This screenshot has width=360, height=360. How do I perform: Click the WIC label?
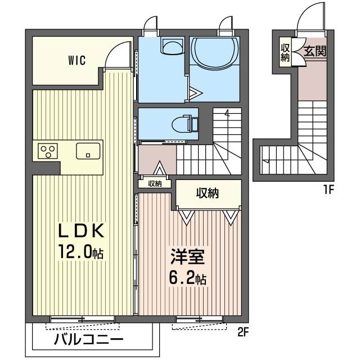click(76, 60)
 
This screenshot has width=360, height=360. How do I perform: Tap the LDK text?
click(81, 231)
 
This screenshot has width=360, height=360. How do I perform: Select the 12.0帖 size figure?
click(81, 251)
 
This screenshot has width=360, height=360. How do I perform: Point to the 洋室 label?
click(187, 257)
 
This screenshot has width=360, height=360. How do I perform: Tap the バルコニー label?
click(89, 340)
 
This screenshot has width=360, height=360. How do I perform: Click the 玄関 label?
click(315, 51)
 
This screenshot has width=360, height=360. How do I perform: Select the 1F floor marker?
click(328, 190)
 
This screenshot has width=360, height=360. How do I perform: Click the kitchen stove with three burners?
click(48, 151)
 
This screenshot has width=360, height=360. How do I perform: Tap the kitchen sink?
click(88, 151)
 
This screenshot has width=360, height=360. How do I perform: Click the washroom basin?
click(173, 46)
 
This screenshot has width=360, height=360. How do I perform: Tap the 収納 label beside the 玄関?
click(285, 52)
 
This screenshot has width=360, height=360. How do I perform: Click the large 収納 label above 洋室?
click(208, 193)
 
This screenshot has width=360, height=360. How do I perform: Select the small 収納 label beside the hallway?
click(155, 184)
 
